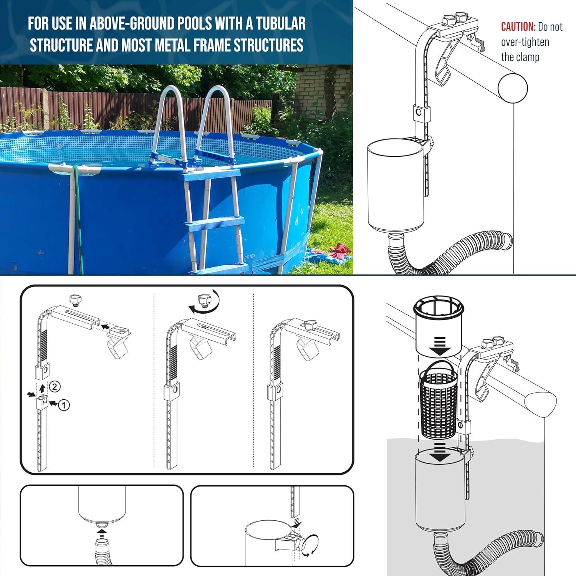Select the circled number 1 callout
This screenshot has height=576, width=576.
click(x=64, y=404)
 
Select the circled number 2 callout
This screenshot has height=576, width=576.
click(x=55, y=386)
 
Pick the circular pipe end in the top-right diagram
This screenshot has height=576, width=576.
click(x=513, y=88)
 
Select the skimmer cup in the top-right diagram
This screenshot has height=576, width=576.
click(x=396, y=184)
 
